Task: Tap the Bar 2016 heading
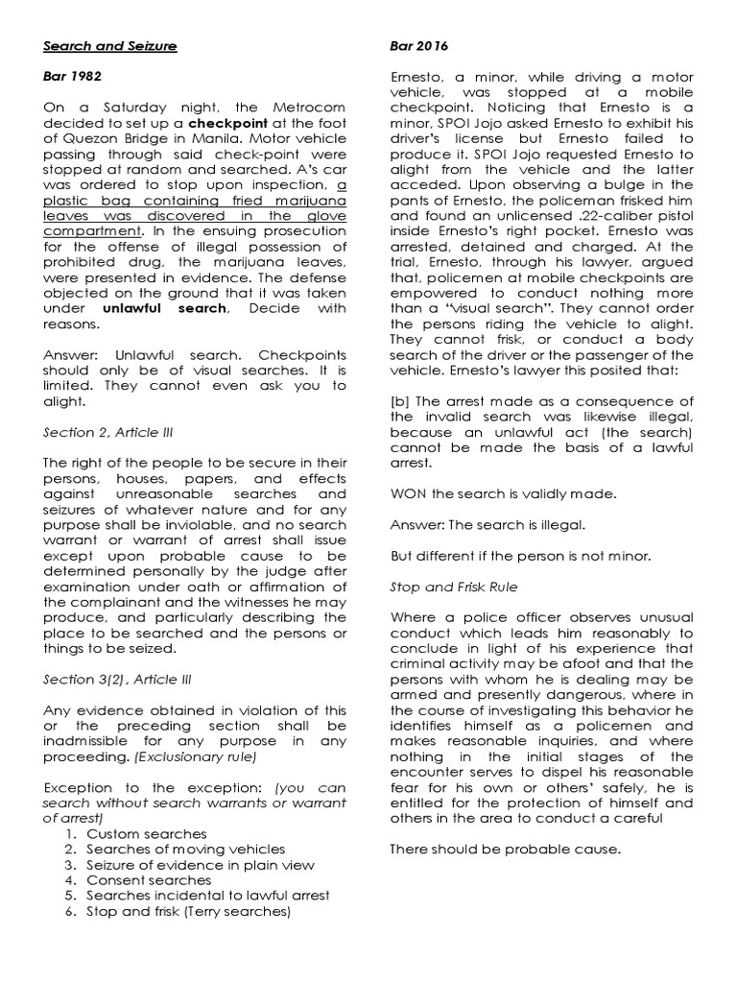click(x=418, y=45)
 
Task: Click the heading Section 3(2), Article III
click(x=118, y=679)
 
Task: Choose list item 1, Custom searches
click(x=146, y=833)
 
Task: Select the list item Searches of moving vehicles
click(x=185, y=849)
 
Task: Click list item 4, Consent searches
click(x=149, y=879)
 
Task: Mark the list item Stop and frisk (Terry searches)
click(x=188, y=910)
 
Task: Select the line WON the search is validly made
click(x=504, y=493)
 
